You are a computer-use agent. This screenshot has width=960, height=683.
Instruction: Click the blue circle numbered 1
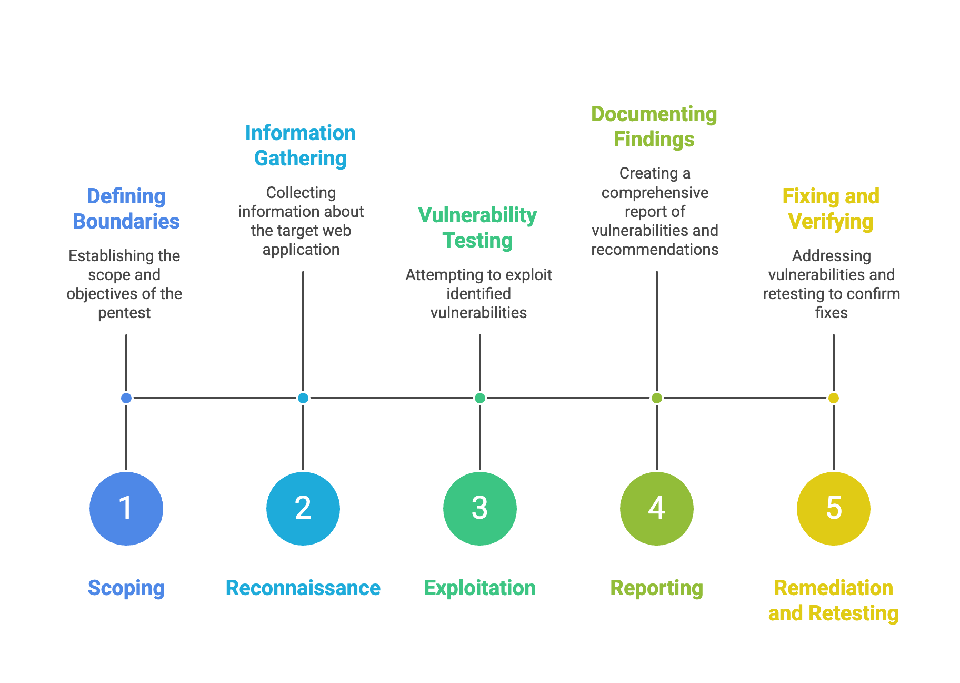[x=126, y=508]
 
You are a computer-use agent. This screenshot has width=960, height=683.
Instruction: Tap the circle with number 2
[x=303, y=508]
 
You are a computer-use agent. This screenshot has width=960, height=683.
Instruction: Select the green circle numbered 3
[x=480, y=508]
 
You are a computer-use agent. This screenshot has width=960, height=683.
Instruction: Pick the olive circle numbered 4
[x=657, y=508]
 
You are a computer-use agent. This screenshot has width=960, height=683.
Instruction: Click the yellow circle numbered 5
[x=834, y=508]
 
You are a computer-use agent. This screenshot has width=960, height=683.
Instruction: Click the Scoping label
[x=126, y=588]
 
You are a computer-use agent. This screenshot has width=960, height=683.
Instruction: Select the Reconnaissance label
[x=303, y=588]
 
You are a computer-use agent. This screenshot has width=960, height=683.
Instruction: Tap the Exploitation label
[x=480, y=588]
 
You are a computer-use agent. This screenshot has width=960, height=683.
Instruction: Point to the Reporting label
[x=657, y=588]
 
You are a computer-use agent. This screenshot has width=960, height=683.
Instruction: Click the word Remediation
[x=834, y=588]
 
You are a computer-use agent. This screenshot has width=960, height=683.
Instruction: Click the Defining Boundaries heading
[x=126, y=209]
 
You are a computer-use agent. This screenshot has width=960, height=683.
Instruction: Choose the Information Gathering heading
[x=301, y=145]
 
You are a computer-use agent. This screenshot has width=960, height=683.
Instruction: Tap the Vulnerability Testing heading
[x=477, y=227]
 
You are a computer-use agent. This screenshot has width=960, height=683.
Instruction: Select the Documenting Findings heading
[x=654, y=126]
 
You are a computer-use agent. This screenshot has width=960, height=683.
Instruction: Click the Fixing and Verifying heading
[x=831, y=209]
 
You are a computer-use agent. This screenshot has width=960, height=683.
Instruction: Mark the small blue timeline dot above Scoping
[x=126, y=398]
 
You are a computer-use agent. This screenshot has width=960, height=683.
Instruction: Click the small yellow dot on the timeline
[x=834, y=398]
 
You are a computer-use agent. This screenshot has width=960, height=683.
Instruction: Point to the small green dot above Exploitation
[x=480, y=398]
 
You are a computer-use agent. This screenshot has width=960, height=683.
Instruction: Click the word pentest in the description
[x=124, y=313]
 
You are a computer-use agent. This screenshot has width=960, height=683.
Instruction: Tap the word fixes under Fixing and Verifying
[x=832, y=313]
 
